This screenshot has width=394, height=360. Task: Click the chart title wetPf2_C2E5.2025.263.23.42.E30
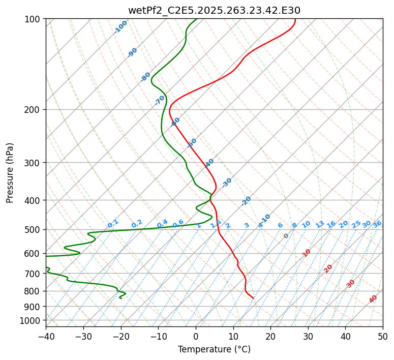(214, 10)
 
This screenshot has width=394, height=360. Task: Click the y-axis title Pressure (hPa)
(10, 173)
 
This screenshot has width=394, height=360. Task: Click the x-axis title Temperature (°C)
(214, 350)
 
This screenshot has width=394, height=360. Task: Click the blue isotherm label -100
(121, 27)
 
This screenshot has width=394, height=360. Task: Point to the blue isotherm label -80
(146, 77)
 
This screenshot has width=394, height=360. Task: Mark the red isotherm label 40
(373, 299)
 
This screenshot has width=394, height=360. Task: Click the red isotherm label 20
(328, 268)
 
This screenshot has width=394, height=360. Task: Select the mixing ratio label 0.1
(113, 223)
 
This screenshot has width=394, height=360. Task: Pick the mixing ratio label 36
(377, 224)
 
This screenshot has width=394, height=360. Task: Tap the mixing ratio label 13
(320, 224)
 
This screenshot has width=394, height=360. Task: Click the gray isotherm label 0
(286, 236)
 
